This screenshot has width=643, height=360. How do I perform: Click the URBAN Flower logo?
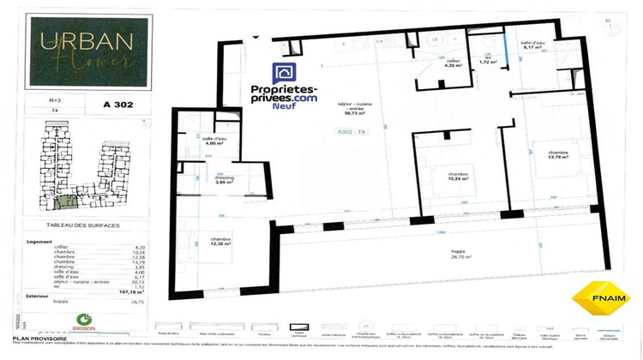pos(83,53)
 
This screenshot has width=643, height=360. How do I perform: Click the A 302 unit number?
pos(117,105)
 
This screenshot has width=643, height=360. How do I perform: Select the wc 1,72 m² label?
pos(488,61)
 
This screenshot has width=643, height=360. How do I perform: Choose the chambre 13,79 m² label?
pos(558,156)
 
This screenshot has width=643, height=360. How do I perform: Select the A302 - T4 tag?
pos(351,132)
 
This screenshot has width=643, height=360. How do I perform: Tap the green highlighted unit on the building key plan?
pos(61,203)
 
